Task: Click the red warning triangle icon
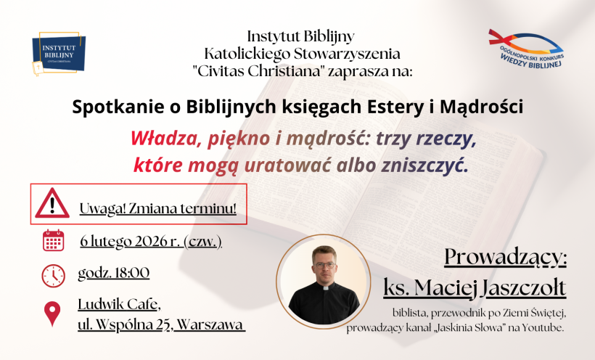(x=52, y=203)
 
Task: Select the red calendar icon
(x=54, y=240)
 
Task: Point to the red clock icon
(x=53, y=275)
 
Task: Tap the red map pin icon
(x=52, y=313)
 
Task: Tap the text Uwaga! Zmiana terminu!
(x=158, y=210)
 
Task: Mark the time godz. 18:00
(x=113, y=273)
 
